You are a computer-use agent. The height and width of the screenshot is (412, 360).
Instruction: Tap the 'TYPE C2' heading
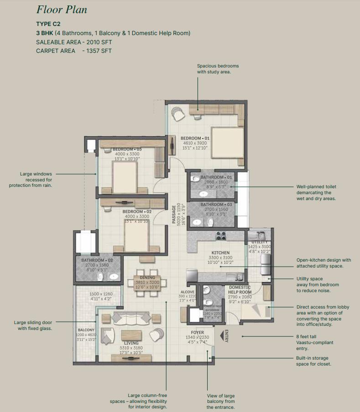(x=48, y=24)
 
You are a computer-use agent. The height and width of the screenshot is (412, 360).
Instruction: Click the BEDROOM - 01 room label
(x=195, y=138)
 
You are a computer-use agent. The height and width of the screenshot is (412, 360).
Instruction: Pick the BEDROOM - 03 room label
(x=127, y=149)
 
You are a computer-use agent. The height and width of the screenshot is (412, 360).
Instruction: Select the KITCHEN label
(x=220, y=252)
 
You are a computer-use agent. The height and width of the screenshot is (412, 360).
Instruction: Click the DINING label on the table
(x=147, y=277)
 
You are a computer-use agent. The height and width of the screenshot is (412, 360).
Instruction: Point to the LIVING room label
(x=132, y=343)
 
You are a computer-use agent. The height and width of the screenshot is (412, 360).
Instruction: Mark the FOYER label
(x=198, y=332)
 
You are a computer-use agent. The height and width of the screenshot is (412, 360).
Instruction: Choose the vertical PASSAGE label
(x=174, y=214)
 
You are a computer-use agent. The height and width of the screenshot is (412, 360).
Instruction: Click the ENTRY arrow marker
(x=224, y=336)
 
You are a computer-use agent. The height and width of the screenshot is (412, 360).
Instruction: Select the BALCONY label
(x=86, y=330)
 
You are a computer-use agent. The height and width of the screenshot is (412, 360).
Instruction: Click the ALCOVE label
(x=188, y=292)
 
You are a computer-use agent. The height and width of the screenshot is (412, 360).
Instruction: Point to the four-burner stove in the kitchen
(x=221, y=236)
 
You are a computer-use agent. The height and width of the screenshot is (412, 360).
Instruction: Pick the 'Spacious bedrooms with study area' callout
(x=218, y=69)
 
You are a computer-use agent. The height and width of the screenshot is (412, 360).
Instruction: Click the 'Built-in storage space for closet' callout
(x=313, y=361)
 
